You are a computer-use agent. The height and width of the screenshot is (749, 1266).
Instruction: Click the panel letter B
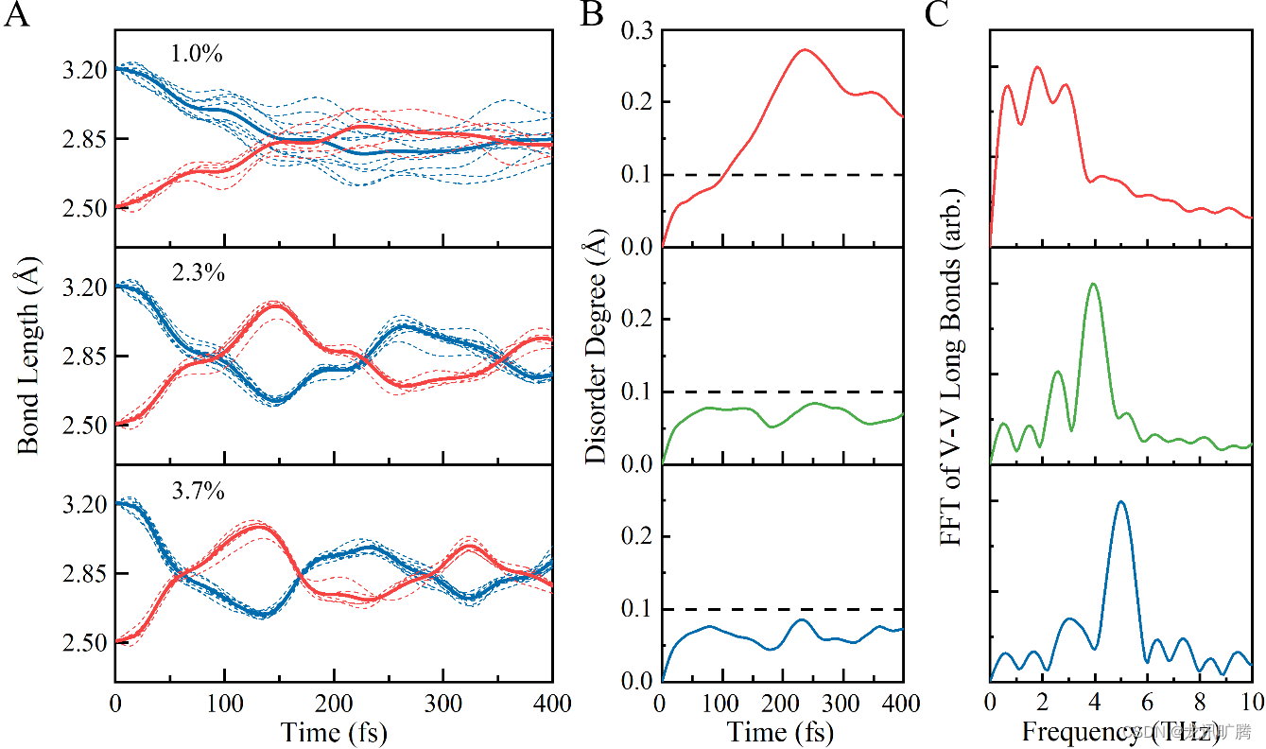pos(593,15)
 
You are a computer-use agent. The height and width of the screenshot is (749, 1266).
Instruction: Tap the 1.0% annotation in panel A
pos(196,54)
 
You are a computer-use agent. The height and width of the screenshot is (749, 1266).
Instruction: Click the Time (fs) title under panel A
pos(333,732)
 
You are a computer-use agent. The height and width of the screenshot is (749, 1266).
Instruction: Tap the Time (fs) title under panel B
pos(781,732)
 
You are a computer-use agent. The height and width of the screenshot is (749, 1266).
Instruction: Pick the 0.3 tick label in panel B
pos(637,30)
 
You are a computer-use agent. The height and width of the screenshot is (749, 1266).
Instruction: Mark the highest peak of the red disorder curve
pos(804,50)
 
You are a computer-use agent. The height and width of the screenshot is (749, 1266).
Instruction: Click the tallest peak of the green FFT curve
pos(1094,284)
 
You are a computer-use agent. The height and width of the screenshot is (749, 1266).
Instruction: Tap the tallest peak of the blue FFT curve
pos(1121,501)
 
